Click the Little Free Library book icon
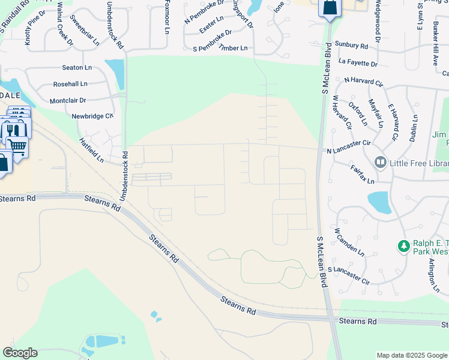380,162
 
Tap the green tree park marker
404,246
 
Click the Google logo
20,353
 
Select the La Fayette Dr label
358,63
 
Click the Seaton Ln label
75,68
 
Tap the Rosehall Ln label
70,84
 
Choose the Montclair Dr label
68,101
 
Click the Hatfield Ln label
91,151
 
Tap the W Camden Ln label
349,240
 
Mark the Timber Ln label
233,48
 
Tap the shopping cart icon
17,145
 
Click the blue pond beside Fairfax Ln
379,203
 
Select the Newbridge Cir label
92,116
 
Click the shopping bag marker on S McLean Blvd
330,8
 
